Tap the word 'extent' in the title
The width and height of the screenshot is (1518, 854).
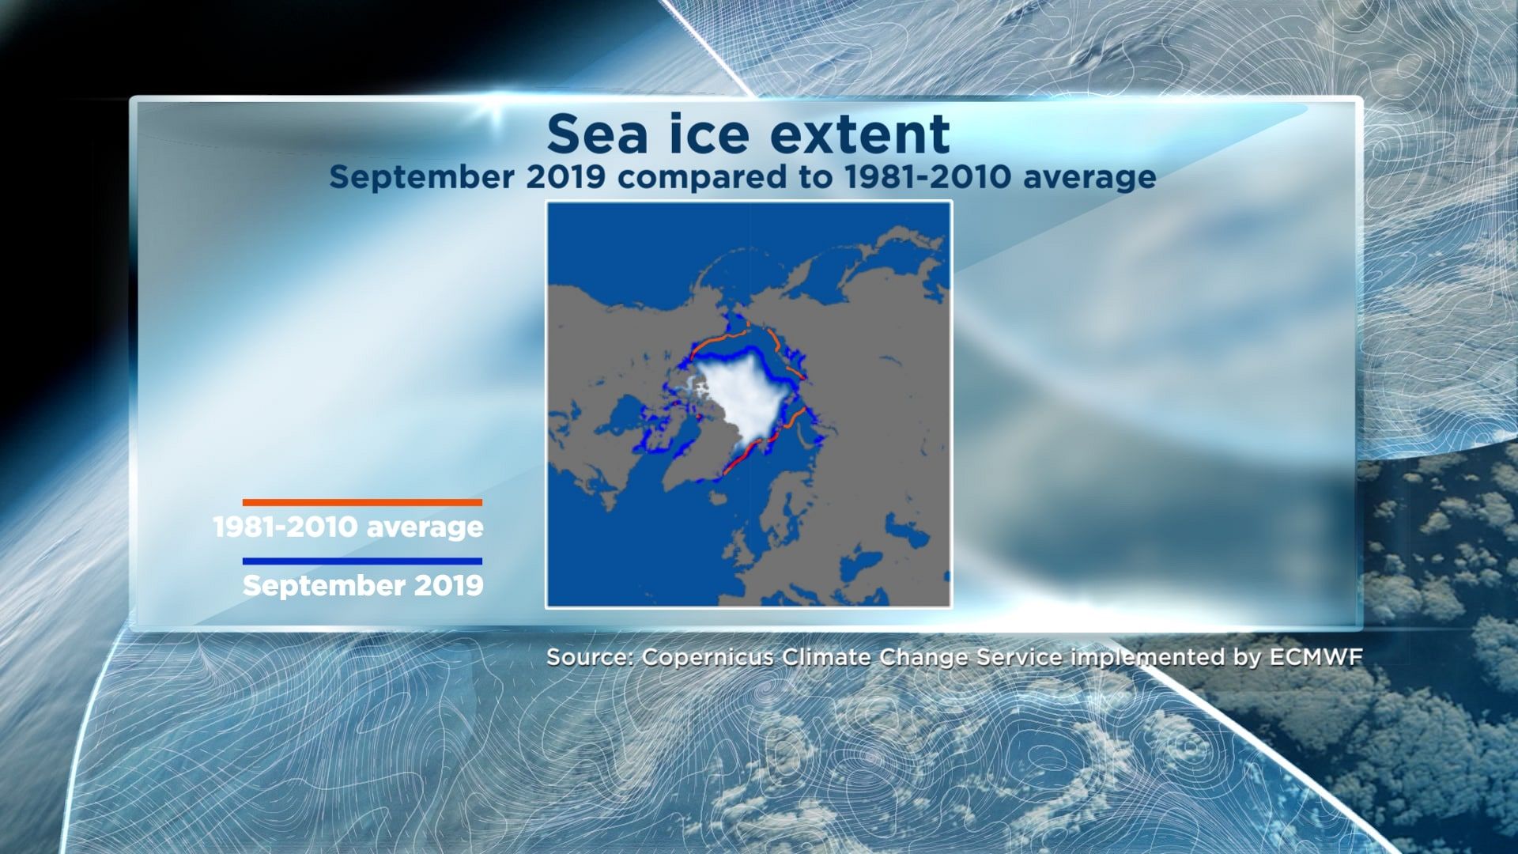(860, 134)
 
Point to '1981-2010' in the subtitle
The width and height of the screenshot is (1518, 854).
(927, 177)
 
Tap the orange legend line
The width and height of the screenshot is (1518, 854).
(362, 502)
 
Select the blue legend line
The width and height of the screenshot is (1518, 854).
(362, 561)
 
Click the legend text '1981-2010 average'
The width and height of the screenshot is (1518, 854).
(349, 527)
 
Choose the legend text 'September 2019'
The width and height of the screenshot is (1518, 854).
(363, 586)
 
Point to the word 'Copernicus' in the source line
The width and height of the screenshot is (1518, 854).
(707, 658)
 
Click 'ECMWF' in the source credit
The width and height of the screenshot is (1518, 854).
(1316, 658)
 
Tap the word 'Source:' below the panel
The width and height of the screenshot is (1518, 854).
(590, 658)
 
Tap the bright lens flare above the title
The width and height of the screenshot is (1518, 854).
(494, 107)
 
